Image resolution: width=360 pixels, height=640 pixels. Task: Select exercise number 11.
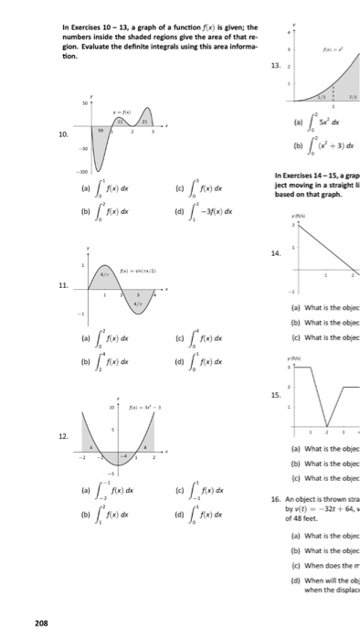(63, 285)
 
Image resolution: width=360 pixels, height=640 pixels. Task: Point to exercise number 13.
(274, 67)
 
